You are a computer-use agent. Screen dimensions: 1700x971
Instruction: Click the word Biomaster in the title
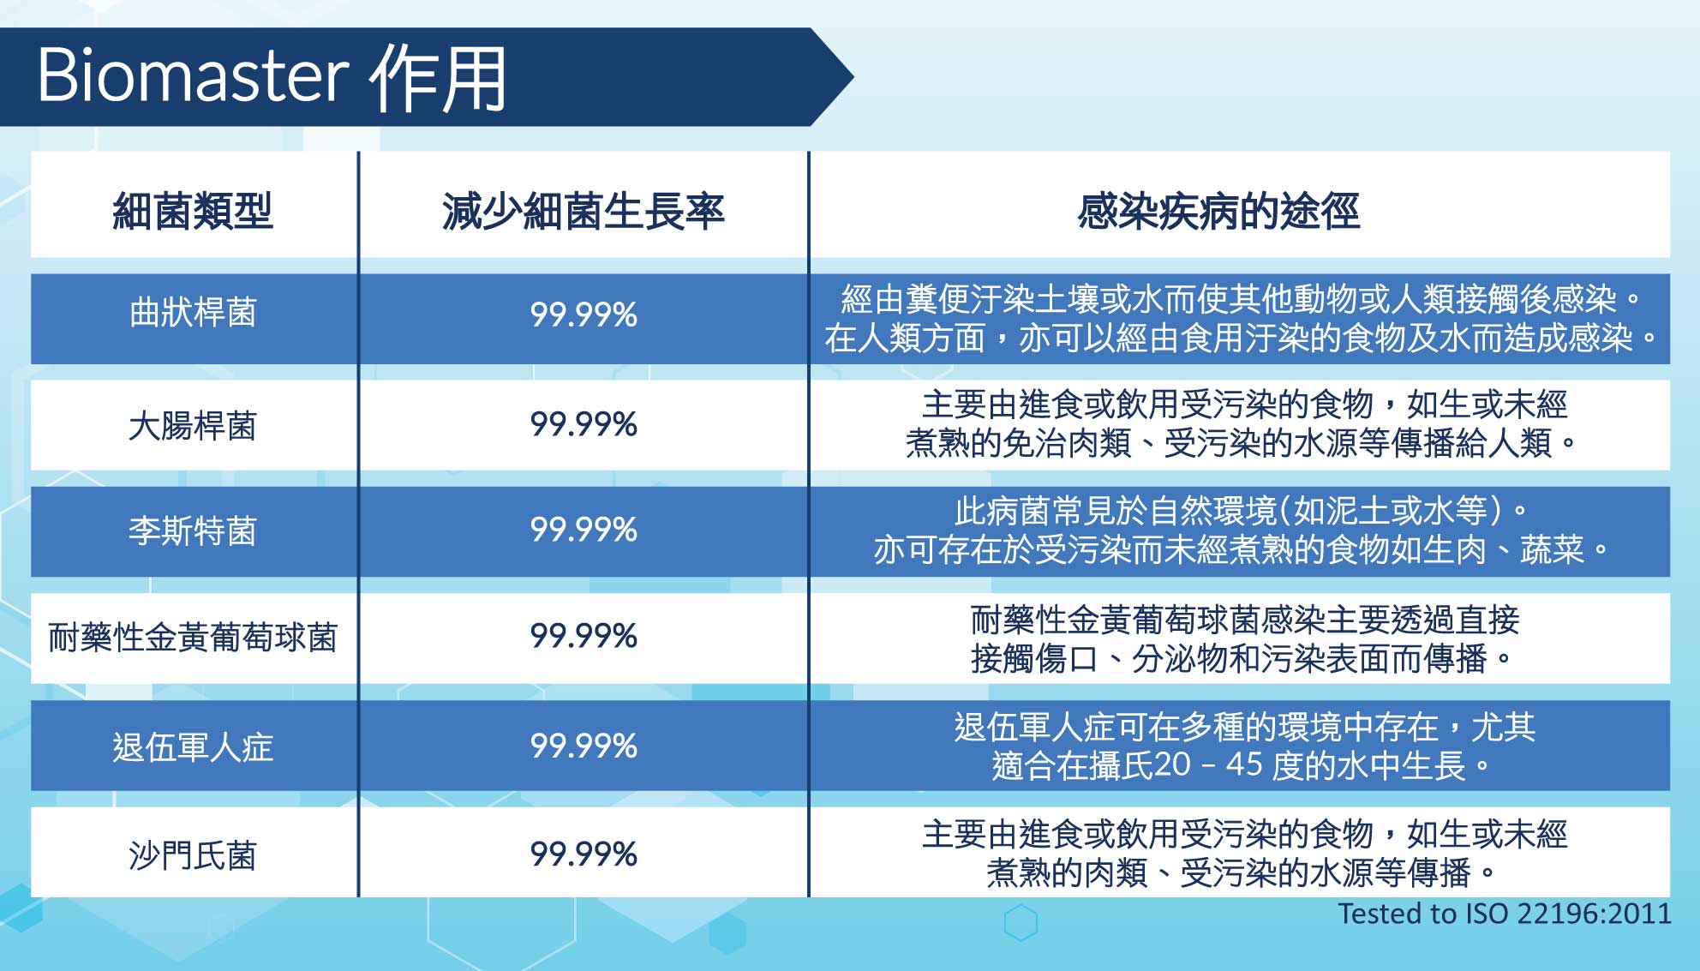pyautogui.click(x=194, y=75)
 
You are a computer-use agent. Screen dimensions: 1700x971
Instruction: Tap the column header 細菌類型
pyautogui.click(x=193, y=211)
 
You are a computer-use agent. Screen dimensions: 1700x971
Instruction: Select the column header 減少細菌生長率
pyautogui.click(x=584, y=211)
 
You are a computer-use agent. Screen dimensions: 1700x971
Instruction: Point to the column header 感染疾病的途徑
pyautogui.click(x=1218, y=211)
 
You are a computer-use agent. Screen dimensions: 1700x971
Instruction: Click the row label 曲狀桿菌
pyautogui.click(x=193, y=313)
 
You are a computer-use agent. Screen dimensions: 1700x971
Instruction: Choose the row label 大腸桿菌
pyautogui.click(x=193, y=426)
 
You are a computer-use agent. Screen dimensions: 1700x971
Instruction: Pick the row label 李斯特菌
pyautogui.click(x=193, y=531)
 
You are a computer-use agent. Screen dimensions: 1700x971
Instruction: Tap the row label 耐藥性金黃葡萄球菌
pyautogui.click(x=193, y=638)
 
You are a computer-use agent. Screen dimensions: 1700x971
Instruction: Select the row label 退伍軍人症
pyautogui.click(x=193, y=747)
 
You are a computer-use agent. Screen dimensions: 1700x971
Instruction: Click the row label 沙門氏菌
pyautogui.click(x=193, y=855)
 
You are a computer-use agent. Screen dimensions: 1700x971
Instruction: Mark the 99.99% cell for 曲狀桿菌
pyautogui.click(x=584, y=315)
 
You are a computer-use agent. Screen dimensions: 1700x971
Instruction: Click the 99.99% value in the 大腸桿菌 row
pyautogui.click(x=584, y=424)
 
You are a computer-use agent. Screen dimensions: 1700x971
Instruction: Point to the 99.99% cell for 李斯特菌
pyautogui.click(x=584, y=530)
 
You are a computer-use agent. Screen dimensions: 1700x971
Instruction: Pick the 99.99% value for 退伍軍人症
pyautogui.click(x=584, y=746)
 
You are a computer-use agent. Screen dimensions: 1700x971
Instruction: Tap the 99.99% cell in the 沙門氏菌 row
pyautogui.click(x=584, y=854)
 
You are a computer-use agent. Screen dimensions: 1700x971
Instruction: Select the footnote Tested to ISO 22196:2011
pyautogui.click(x=1505, y=914)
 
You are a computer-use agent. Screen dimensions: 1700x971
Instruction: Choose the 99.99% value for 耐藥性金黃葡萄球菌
pyautogui.click(x=584, y=636)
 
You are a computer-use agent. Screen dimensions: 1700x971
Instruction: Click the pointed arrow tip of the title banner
pyautogui.click(x=853, y=77)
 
